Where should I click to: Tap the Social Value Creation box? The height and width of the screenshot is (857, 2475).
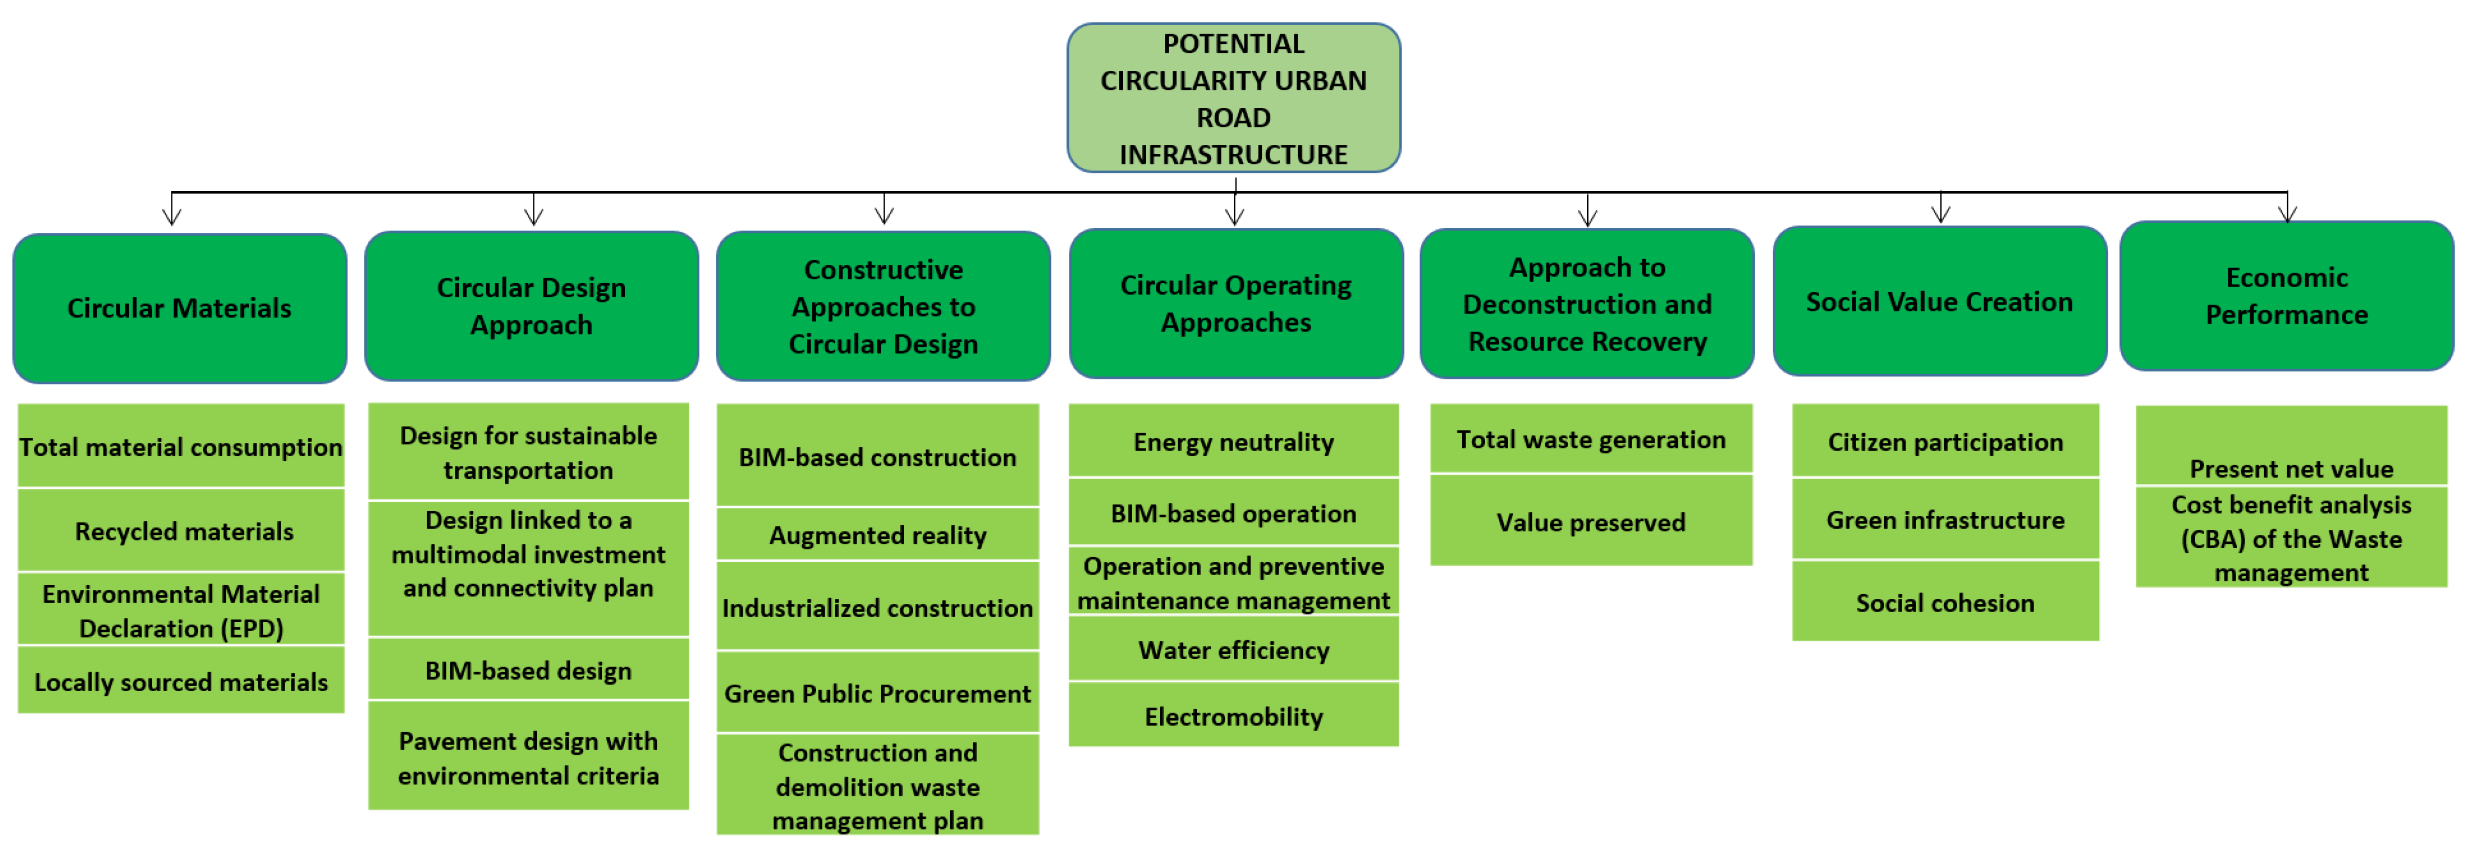pos(1939,302)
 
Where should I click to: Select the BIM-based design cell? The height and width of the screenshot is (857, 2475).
pos(529,670)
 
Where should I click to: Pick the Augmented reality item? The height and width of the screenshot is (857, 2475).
pos(877,535)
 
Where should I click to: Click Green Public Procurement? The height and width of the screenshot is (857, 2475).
pos(877,693)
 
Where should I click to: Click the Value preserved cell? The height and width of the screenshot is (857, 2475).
pos(1590,522)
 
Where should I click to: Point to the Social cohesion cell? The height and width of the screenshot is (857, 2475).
pos(1945,602)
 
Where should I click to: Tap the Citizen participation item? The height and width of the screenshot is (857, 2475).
pos(1945,442)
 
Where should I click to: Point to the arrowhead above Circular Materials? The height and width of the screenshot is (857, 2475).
pos(172,216)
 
